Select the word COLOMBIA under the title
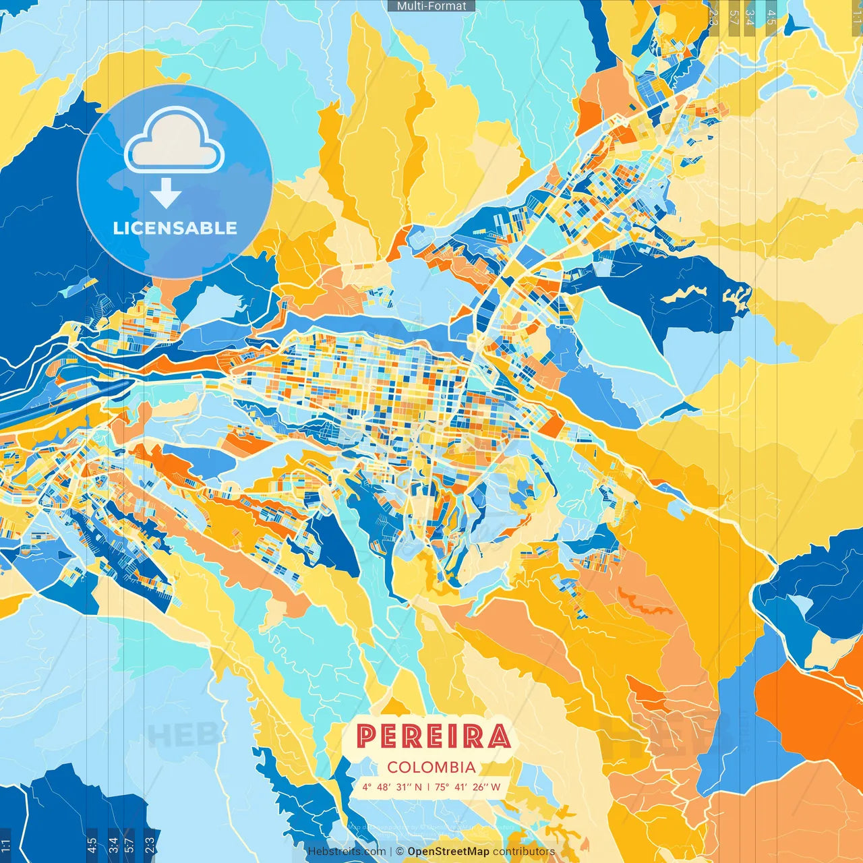pos(431,767)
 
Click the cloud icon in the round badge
pos(174,142)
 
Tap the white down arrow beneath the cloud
pos(166,194)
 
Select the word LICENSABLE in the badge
pos(175,229)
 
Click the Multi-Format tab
pos(431,6)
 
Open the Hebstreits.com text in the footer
pos(347,852)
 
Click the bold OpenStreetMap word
pos(448,852)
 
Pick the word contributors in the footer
pos(524,852)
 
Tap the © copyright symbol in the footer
pos(400,852)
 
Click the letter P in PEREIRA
pos(365,736)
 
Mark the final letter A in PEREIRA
pos(499,736)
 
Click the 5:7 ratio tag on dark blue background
pos(129,843)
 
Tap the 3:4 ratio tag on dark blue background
pos(113,843)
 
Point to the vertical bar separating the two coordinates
pos(428,787)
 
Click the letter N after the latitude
pos(418,787)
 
